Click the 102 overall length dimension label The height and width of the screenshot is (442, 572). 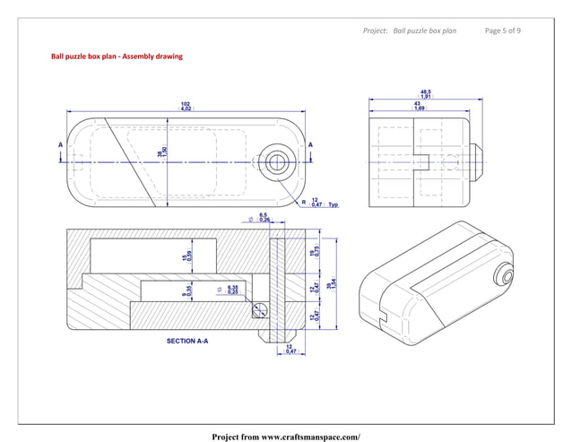coord(186,107)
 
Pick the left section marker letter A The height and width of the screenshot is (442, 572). coord(60,143)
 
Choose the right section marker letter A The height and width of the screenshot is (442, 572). coord(311,143)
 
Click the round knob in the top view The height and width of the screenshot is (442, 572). coord(276,162)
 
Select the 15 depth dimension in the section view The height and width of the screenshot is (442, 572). coord(185,257)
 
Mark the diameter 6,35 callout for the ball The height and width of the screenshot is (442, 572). coord(231,290)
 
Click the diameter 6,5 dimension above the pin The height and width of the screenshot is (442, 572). coord(262,218)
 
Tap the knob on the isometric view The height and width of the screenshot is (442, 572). coord(508,274)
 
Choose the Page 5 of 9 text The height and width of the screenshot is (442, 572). coord(502,30)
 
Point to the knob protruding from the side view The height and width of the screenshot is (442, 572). coord(478,162)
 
